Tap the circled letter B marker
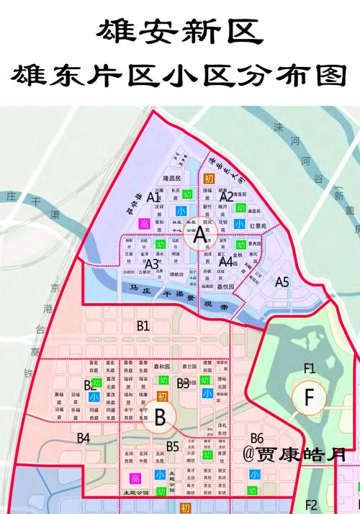[x=160, y=415]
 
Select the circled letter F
[x=310, y=397]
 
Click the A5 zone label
[x=282, y=282]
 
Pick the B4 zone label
[x=84, y=438]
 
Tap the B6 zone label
[x=256, y=438]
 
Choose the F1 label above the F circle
[x=310, y=369]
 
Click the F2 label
[x=311, y=504]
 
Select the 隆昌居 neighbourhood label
[x=175, y=177]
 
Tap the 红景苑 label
[x=258, y=226]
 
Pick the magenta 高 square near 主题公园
[x=135, y=479]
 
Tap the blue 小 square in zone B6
[x=253, y=474]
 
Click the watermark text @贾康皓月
[x=294, y=455]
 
